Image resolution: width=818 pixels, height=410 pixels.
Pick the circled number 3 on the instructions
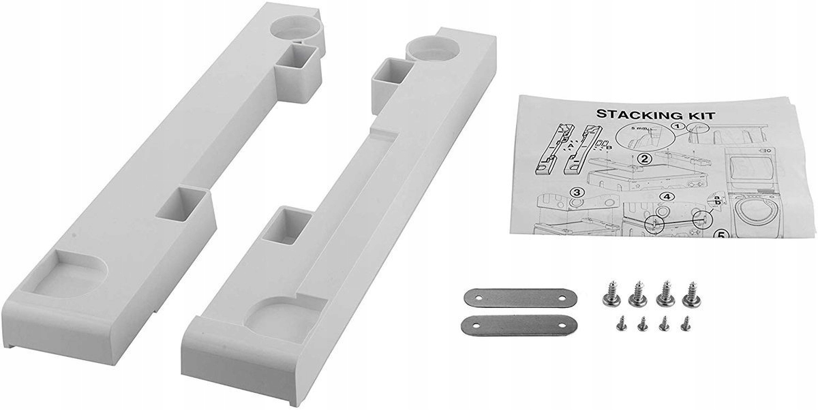pos(577,193)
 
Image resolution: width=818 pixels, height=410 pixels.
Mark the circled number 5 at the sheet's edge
pos(721,236)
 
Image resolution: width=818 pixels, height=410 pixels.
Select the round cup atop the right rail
pos(426,49)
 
